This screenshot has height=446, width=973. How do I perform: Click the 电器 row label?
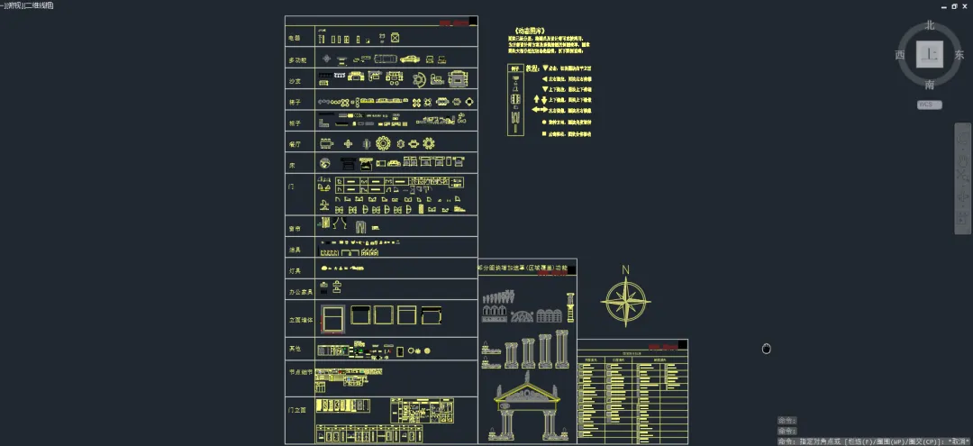[294, 38]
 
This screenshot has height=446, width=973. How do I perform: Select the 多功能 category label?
[297, 59]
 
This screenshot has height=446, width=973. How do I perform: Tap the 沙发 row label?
[295, 81]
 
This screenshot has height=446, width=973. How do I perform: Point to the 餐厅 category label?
[295, 144]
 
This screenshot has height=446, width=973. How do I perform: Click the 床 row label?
[291, 166]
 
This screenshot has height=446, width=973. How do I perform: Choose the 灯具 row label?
[295, 269]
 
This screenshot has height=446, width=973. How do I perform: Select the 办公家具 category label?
[299, 292]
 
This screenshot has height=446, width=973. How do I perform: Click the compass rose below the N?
[626, 301]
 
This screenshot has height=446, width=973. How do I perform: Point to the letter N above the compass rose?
[626, 269]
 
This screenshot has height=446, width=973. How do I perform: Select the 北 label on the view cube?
[930, 25]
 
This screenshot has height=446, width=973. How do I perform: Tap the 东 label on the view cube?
[959, 55]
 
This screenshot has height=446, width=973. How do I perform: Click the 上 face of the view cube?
[930, 55]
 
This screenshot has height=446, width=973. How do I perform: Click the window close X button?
[965, 5]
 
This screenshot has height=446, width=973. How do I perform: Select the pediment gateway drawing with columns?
[529, 410]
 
